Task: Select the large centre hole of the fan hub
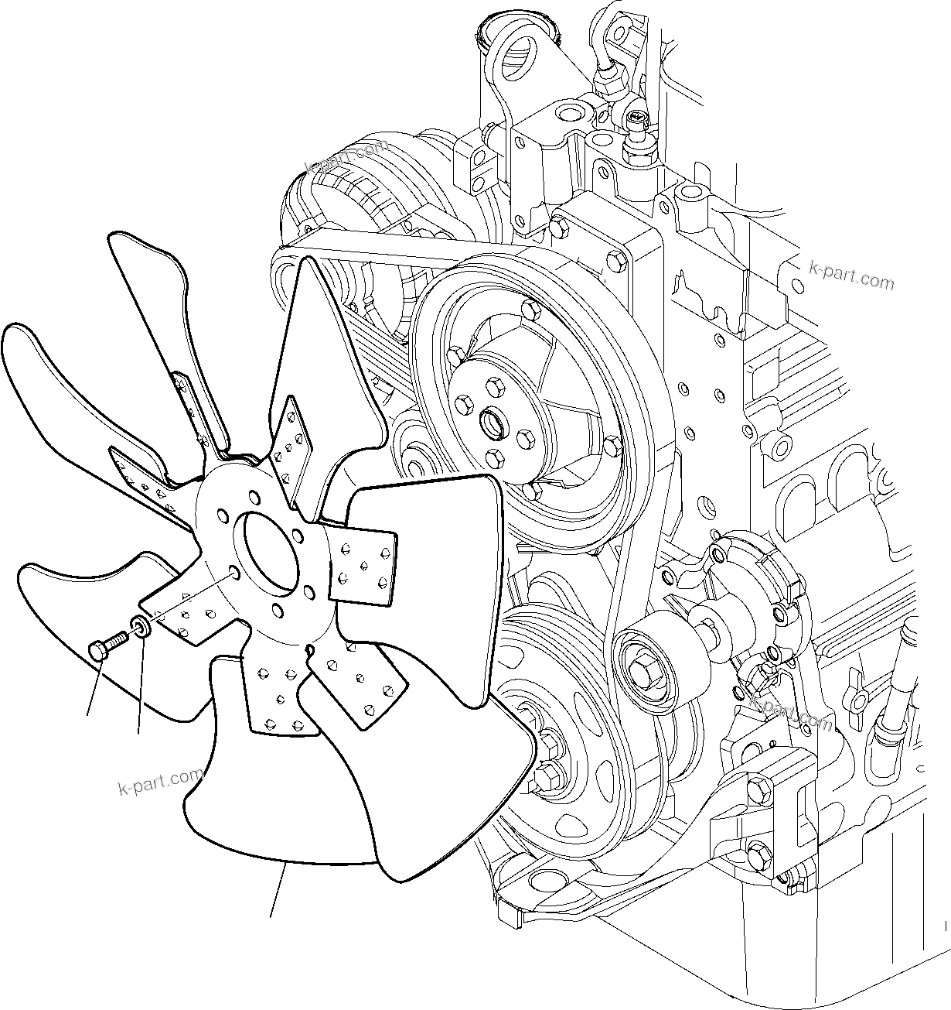pos(269,549)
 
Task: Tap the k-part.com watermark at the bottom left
pos(161,782)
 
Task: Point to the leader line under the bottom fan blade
pos(278,890)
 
